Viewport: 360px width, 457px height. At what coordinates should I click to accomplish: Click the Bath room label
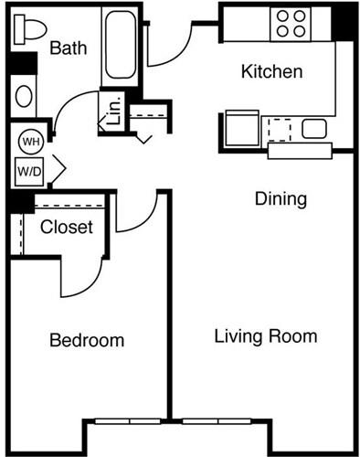pyautogui.click(x=69, y=48)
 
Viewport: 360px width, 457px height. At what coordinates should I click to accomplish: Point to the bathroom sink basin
pyautogui.click(x=25, y=95)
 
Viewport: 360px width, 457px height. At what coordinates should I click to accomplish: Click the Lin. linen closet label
pyautogui.click(x=114, y=112)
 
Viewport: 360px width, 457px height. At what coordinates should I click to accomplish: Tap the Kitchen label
pyautogui.click(x=270, y=71)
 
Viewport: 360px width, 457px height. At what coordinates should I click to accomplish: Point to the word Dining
pyautogui.click(x=280, y=198)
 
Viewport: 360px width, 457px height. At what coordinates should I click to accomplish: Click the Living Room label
pyautogui.click(x=265, y=336)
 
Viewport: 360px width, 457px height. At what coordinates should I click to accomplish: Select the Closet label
pyautogui.click(x=67, y=227)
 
